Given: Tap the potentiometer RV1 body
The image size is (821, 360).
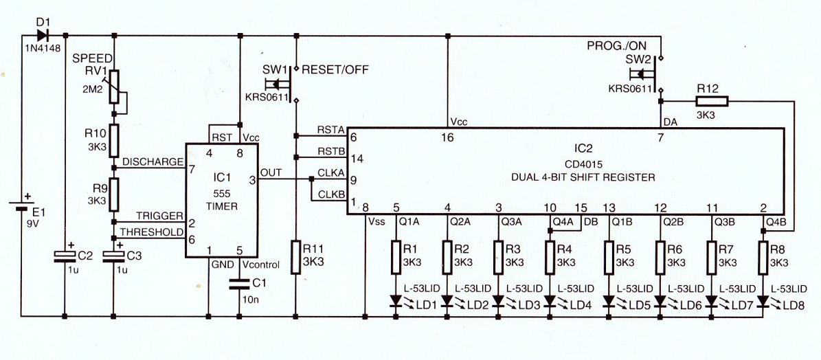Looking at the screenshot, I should point(114,86).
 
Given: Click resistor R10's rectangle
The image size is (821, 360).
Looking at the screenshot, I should point(114,141).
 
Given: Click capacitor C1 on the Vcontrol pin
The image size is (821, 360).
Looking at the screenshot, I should point(240,282).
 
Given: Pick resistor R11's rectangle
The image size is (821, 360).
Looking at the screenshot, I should point(296,257).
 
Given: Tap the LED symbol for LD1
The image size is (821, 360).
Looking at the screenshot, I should point(396,300).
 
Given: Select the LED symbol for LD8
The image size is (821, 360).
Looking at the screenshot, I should point(763,300).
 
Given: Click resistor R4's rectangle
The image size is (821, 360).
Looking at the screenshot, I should point(550,256).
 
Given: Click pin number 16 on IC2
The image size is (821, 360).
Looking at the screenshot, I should point(448,137).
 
